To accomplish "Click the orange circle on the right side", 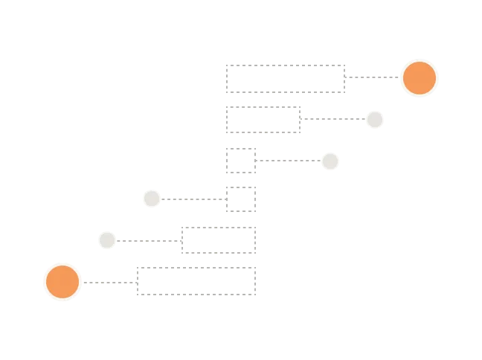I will (420, 77).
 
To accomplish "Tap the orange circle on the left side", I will (62, 282).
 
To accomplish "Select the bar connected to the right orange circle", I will (286, 78).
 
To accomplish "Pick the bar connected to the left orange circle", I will (196, 280).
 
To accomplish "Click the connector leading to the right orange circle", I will (372, 77).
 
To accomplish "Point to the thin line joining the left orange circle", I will (109, 283).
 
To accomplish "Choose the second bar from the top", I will (265, 120).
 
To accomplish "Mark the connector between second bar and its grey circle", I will (333, 119).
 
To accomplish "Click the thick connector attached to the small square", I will (289, 161).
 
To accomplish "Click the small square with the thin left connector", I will (241, 199).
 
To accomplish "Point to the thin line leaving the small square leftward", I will (193, 199).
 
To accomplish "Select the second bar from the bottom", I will (217, 241).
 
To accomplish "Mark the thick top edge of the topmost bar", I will (286, 65).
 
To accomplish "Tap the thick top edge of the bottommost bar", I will (196, 267).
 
